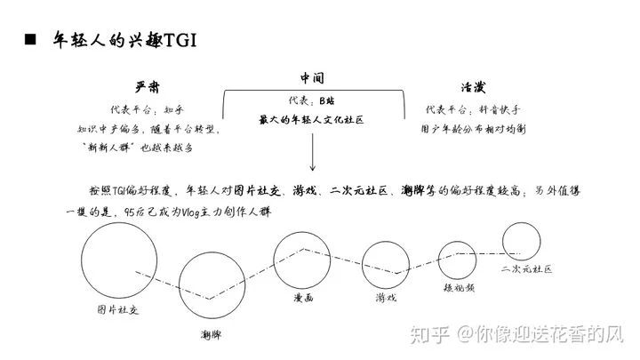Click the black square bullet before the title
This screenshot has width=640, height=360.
30,39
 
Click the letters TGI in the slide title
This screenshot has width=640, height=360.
180,40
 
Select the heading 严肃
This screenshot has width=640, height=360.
148,87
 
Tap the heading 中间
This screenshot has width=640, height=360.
312,77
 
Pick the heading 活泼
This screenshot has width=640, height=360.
474,87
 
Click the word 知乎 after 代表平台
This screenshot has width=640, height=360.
174,109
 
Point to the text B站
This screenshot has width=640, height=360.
327,100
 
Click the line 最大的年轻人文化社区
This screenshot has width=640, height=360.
311,120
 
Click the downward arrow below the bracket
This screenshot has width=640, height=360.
313,152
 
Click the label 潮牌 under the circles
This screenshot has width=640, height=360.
212,335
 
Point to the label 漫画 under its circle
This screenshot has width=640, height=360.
303,298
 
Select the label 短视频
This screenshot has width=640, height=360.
460,288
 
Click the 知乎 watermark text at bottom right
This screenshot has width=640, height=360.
430,334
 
